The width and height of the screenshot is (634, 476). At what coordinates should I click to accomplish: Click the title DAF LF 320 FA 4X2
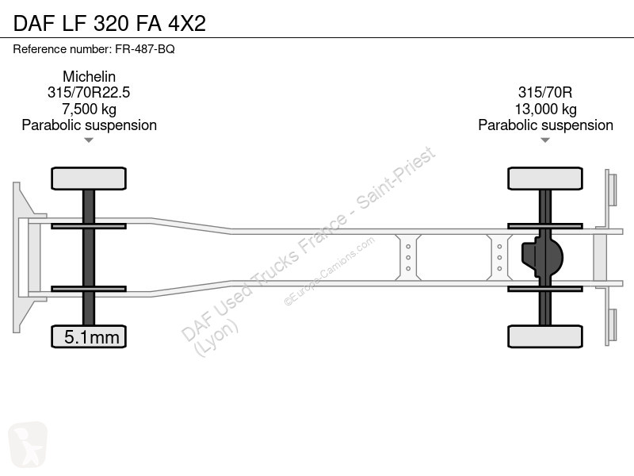[x=109, y=23]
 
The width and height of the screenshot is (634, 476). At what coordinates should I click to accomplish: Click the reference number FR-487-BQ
[x=145, y=49]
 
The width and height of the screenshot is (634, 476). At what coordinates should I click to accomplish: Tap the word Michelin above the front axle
[x=89, y=76]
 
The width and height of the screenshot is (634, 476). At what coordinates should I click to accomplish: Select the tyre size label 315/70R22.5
[x=89, y=92]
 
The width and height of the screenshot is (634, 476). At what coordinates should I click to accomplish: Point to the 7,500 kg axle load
[x=89, y=109]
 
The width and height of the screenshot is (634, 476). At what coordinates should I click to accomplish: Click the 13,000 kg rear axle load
[x=545, y=109]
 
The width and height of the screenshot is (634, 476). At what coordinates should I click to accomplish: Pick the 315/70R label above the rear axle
[x=545, y=92]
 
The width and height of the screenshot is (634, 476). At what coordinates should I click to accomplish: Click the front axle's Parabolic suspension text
[x=89, y=125]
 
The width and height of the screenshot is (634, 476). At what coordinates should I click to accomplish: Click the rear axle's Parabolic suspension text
[x=545, y=125]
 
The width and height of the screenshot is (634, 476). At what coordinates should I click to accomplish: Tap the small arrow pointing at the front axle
[x=89, y=140]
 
